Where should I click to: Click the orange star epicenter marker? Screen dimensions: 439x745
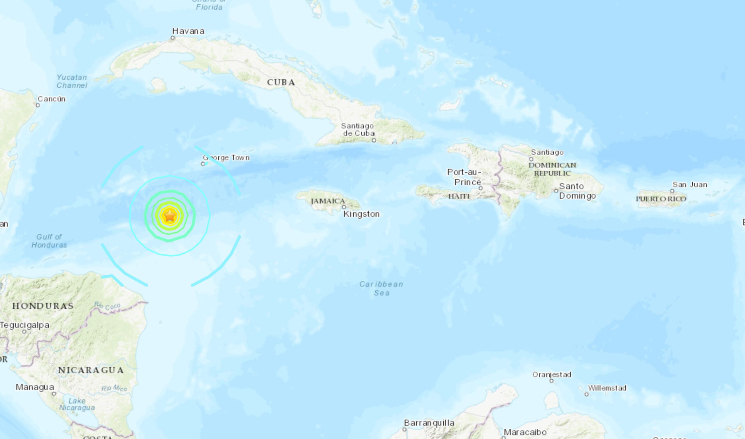(x=170, y=216)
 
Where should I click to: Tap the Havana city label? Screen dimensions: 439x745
(x=188, y=31)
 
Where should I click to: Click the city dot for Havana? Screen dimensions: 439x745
(x=173, y=38)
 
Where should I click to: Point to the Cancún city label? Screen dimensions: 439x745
(x=52, y=99)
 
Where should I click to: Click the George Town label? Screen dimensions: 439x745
(x=226, y=158)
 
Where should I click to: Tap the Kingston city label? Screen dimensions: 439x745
(x=361, y=214)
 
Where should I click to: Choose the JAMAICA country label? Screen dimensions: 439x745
(x=328, y=201)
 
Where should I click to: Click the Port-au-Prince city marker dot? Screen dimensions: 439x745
(x=481, y=188)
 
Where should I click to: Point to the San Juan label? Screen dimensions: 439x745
(x=690, y=185)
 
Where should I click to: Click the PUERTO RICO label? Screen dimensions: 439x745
(x=661, y=199)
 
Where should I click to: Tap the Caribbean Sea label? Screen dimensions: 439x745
(x=381, y=288)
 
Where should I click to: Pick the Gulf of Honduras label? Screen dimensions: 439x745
(x=49, y=241)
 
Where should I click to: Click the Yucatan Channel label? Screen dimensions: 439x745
(x=72, y=81)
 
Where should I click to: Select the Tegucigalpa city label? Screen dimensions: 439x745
(x=24, y=325)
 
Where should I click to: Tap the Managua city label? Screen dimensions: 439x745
(x=35, y=387)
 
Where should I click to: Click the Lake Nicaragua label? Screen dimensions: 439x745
(x=77, y=404)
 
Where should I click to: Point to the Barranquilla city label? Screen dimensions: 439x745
(x=429, y=423)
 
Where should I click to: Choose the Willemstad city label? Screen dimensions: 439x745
(x=607, y=388)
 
